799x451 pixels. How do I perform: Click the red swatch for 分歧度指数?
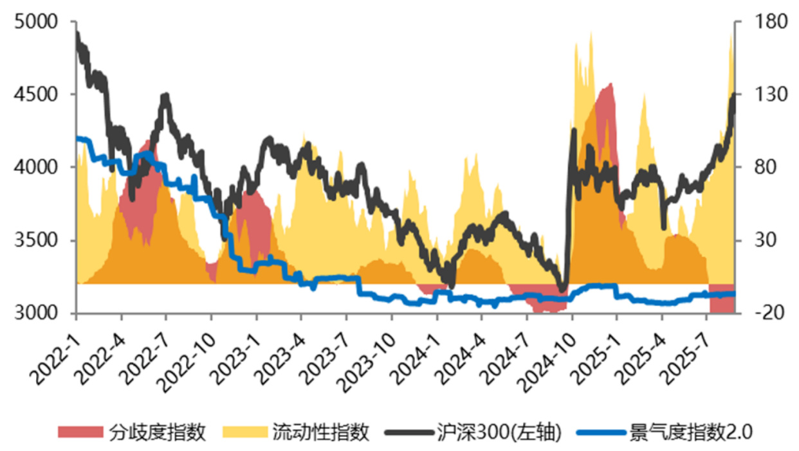(x=80, y=432)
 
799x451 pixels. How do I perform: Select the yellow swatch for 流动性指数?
(x=244, y=432)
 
